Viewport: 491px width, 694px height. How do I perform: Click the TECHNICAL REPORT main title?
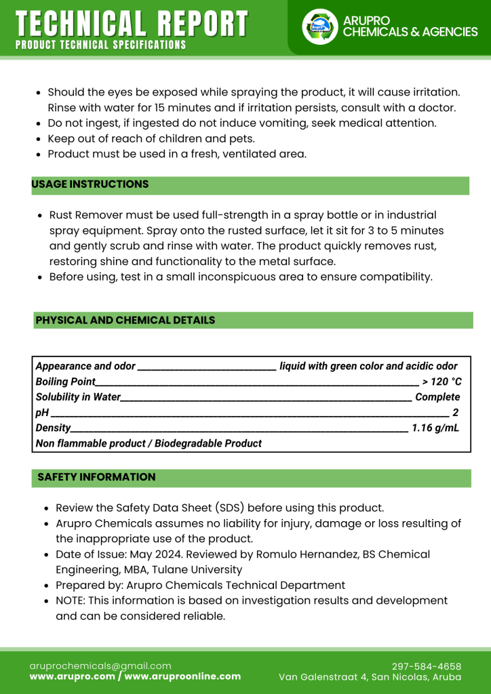point(132,24)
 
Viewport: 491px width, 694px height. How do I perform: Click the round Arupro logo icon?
point(319,26)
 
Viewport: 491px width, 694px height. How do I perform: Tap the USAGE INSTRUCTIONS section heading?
point(90,184)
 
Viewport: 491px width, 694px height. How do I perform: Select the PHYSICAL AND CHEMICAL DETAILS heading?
point(125,320)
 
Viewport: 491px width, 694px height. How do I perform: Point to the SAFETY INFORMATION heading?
point(96,477)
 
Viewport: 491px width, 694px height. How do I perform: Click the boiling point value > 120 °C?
point(441,382)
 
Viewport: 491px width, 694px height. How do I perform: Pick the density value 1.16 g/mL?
point(435,428)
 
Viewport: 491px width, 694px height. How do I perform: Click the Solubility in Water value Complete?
point(437,397)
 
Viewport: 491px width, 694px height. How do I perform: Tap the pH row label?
point(40,413)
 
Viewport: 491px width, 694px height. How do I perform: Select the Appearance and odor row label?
point(85,366)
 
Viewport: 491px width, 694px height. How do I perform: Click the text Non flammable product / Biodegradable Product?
point(149,443)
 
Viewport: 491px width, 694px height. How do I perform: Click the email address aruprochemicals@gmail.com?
point(100,666)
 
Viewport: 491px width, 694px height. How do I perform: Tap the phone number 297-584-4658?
point(427,666)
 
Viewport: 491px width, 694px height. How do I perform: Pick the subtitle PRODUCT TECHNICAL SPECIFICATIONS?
point(100,45)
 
